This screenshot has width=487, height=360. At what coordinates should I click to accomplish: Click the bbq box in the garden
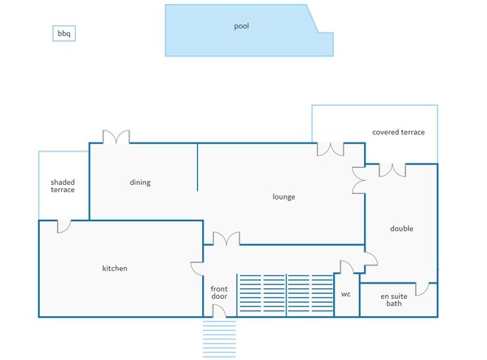(x=64, y=33)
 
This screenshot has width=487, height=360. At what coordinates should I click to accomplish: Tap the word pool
(x=241, y=26)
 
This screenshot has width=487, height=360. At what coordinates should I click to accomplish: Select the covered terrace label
(x=398, y=132)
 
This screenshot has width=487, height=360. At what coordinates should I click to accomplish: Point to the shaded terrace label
(x=63, y=187)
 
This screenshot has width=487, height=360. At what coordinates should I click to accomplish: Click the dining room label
(x=140, y=182)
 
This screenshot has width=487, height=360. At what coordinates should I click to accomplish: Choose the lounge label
(x=283, y=196)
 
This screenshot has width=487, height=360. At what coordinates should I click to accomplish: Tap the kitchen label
(x=115, y=268)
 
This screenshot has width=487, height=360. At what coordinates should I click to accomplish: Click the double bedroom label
(x=401, y=229)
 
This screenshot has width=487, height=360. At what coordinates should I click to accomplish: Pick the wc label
(x=346, y=294)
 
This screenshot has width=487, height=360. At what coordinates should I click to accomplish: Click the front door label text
(x=219, y=292)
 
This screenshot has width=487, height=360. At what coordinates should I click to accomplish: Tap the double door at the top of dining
(x=115, y=137)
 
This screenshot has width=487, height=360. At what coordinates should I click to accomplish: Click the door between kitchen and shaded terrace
(x=64, y=226)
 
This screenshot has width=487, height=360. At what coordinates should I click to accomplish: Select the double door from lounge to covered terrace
(x=330, y=149)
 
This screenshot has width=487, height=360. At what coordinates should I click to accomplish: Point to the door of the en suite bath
(x=422, y=289)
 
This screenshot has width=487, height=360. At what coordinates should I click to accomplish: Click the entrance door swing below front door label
(x=219, y=310)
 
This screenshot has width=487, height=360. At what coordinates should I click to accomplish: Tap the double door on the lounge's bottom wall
(x=225, y=239)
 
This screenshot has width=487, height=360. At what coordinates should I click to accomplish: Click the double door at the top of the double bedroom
(x=393, y=169)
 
